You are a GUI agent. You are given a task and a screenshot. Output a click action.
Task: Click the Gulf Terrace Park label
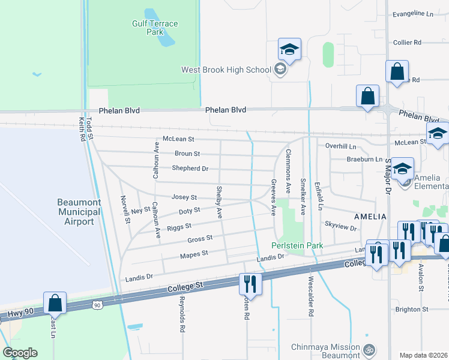click(x=155, y=28)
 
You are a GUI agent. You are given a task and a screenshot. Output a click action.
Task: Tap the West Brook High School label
click(x=227, y=70)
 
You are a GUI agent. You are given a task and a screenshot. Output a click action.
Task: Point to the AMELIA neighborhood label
click(x=370, y=215)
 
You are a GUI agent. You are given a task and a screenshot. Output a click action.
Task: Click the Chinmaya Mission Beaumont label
click(x=325, y=352)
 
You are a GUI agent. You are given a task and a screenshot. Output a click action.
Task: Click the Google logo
click(x=20, y=352)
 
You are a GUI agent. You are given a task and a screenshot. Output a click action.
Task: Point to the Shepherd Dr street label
click(x=190, y=169)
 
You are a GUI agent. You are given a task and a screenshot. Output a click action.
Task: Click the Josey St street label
click(x=184, y=197)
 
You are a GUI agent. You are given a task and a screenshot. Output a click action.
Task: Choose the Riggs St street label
click(x=179, y=226)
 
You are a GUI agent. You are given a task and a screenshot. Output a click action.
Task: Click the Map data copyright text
click(x=423, y=355)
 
